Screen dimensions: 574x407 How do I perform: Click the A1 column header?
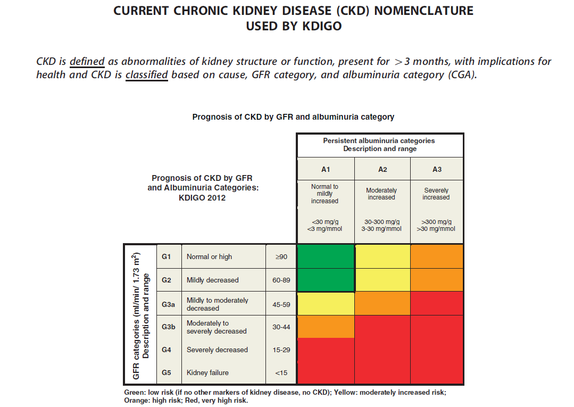point(326,170)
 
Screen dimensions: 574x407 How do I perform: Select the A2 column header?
point(382,170)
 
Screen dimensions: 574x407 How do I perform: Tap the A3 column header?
point(437,170)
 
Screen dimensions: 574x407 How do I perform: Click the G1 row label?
point(166,256)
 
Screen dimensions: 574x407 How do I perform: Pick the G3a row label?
point(169,304)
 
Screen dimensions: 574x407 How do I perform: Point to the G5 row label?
point(166,372)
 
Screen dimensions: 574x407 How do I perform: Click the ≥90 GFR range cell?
point(281,257)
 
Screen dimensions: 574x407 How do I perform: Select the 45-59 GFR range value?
point(281,304)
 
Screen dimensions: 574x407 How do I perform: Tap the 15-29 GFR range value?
point(281,350)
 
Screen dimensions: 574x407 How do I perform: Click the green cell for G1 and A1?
point(326,256)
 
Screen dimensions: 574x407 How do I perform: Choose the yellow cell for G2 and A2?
point(382,280)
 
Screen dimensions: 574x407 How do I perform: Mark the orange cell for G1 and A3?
point(437,256)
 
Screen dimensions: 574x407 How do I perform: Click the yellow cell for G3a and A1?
point(326,304)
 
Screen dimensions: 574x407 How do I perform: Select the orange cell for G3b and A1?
point(326,327)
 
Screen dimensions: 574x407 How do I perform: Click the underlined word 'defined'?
point(87,62)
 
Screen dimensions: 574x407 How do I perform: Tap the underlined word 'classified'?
point(146,75)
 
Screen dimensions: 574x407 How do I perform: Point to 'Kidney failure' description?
point(207,372)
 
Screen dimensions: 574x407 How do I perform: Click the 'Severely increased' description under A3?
point(436,194)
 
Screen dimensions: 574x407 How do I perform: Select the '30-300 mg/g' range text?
point(382,222)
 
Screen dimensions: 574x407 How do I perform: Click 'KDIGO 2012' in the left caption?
point(202,198)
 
